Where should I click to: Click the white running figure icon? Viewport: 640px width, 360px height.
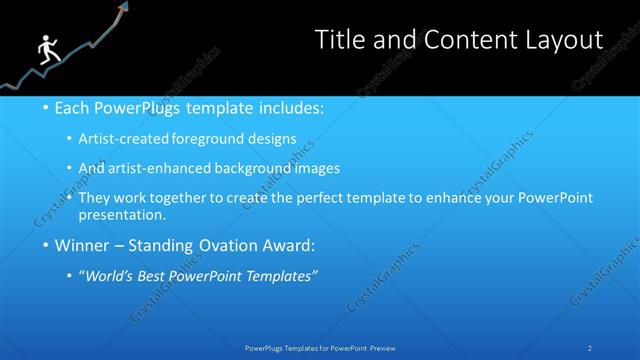pyautogui.click(x=46, y=50)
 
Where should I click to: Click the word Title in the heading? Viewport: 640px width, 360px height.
pyautogui.click(x=340, y=39)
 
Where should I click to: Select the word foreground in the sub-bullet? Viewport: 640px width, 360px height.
pyautogui.click(x=225, y=140)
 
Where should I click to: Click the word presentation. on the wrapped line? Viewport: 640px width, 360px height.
pyautogui.click(x=128, y=215)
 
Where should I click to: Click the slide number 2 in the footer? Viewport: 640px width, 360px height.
pyautogui.click(x=590, y=348)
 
